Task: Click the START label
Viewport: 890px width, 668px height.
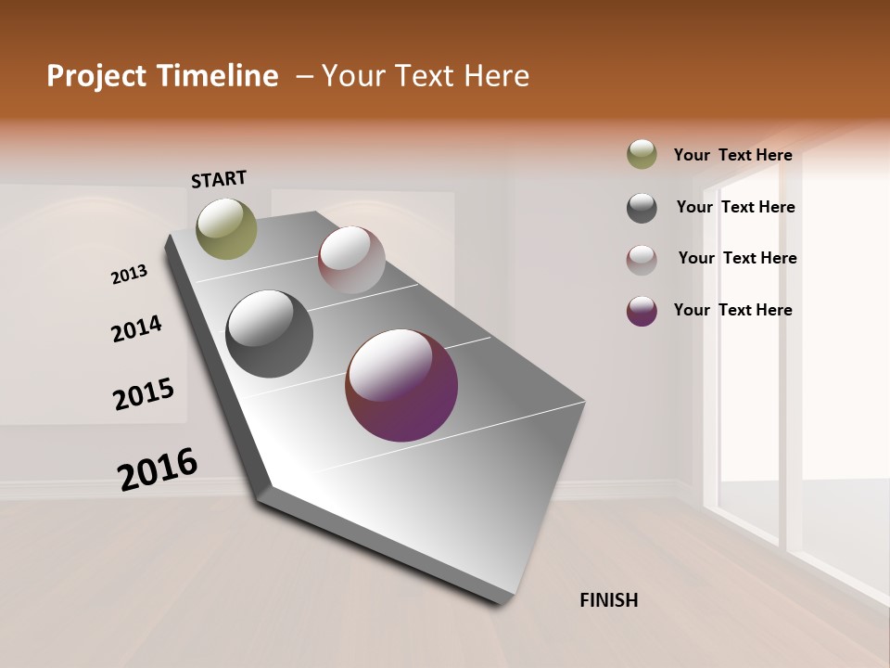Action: pos(219,179)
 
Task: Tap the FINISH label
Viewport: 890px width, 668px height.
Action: pos(608,600)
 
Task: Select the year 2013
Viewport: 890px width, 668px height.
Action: pos(130,275)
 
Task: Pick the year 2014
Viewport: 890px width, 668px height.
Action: pos(136,328)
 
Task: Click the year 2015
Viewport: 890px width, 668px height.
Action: pos(144,394)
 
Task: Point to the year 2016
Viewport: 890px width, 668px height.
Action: pos(158,469)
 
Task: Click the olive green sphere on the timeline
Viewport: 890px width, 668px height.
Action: pos(226,228)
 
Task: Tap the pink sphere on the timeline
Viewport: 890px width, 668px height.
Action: pos(351,260)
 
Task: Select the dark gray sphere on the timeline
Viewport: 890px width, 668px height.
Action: pos(269,334)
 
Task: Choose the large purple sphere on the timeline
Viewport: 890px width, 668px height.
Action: pos(401,385)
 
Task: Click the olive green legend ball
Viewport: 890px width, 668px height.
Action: pos(642,155)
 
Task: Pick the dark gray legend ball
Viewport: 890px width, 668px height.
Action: pos(642,208)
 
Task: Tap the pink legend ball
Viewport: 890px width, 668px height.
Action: pos(642,260)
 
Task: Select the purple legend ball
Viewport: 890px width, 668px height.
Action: pos(642,311)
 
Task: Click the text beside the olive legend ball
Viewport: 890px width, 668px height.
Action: pos(732,155)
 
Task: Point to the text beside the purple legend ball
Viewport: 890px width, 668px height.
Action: pos(732,310)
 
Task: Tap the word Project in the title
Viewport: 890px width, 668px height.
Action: pos(95,76)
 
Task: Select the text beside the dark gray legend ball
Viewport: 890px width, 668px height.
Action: pos(735,207)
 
